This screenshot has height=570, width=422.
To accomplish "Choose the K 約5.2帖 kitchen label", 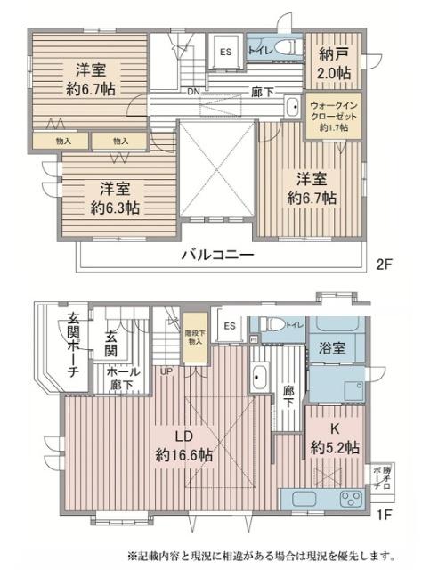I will tap(334, 438).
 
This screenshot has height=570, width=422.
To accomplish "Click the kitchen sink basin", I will tap(304, 498).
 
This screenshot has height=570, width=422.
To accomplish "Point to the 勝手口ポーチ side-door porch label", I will tap(377, 478).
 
